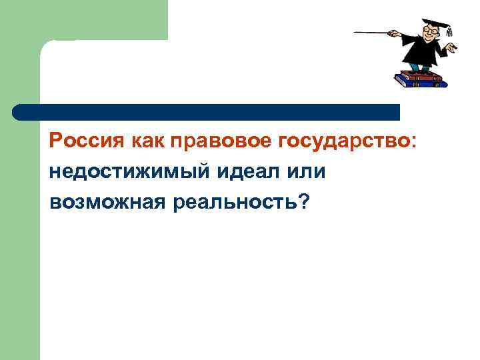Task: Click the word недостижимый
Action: click(126, 171)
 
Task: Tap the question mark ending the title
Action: click(305, 200)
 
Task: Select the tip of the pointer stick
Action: click(356, 31)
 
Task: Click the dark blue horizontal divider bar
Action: click(207, 111)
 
